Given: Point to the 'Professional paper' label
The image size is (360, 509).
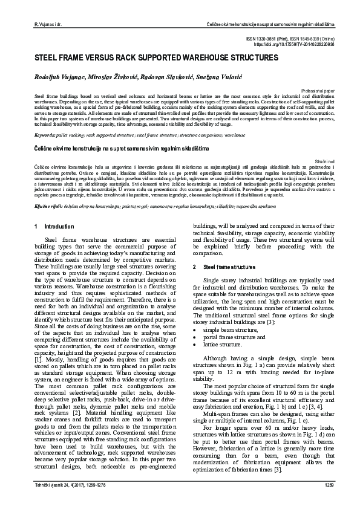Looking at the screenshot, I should point(310,90).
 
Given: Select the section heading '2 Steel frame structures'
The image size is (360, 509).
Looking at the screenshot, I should point(224,267).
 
